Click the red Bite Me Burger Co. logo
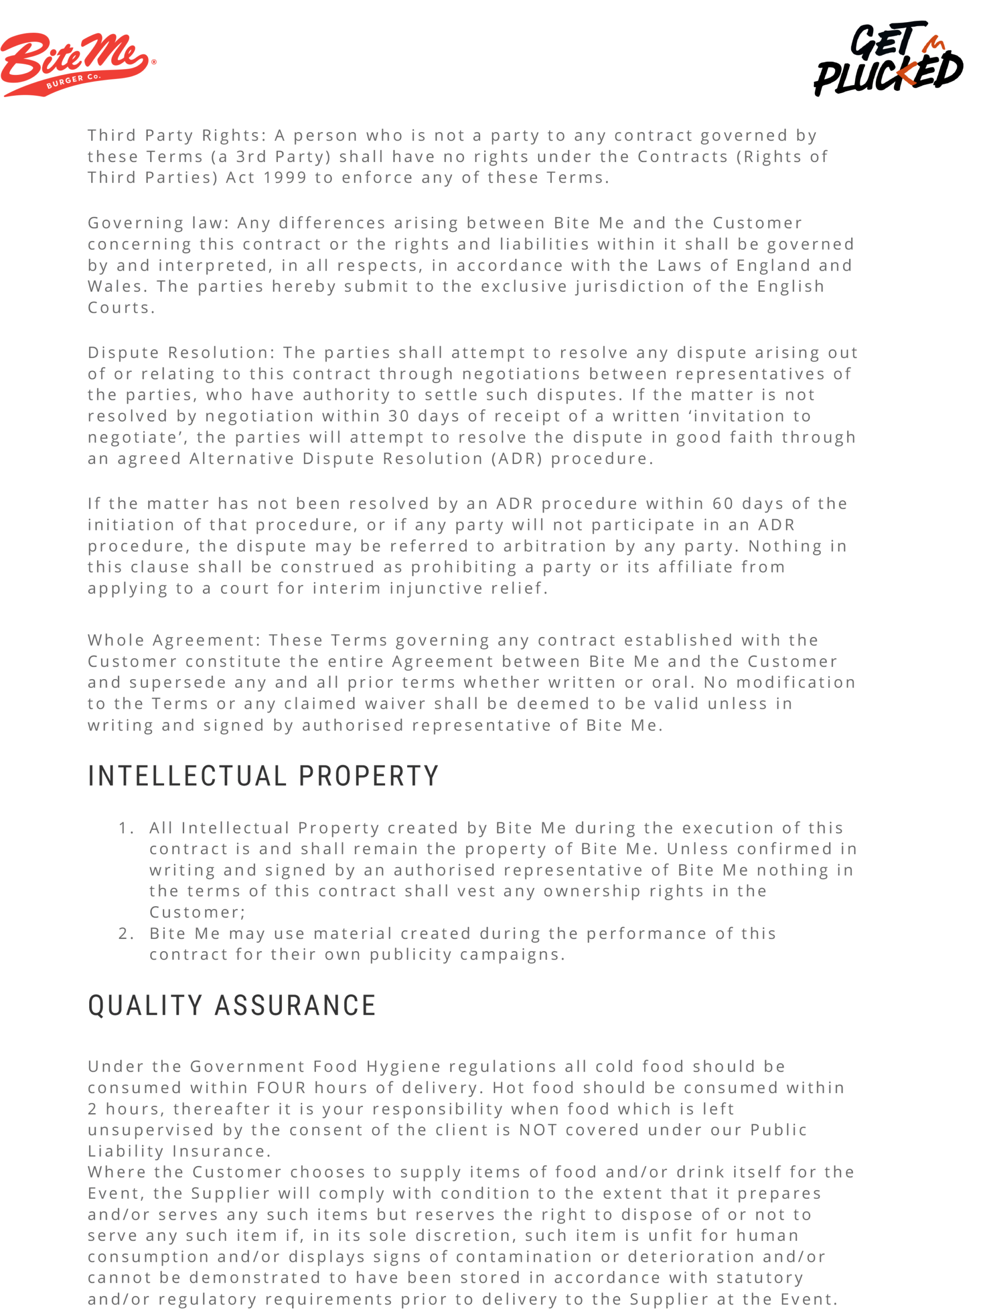click(77, 64)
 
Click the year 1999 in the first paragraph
click(284, 177)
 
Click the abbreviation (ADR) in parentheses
click(516, 459)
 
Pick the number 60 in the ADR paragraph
click(723, 504)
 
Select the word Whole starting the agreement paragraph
click(116, 640)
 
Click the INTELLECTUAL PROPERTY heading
click(263, 776)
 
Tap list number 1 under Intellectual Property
click(126, 828)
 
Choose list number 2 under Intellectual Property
click(126, 934)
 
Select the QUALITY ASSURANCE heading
click(232, 1006)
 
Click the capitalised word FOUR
click(282, 1088)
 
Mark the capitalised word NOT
click(537, 1130)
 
